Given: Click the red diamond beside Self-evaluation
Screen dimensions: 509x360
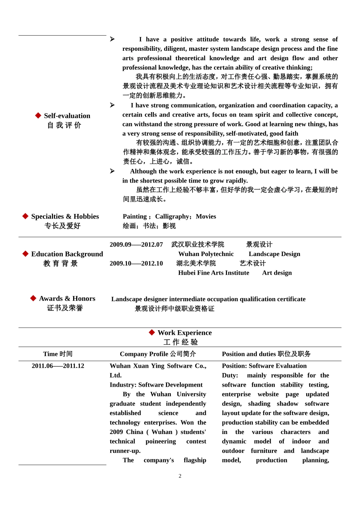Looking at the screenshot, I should (38, 116).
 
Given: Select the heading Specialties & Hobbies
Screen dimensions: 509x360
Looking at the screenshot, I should (65, 217).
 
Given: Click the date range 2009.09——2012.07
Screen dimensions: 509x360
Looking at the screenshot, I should (136, 245).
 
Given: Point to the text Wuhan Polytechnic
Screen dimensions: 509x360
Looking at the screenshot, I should (206, 254).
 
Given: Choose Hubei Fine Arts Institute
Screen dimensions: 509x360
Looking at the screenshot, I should (213, 273).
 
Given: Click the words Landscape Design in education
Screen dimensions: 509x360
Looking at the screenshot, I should (274, 254).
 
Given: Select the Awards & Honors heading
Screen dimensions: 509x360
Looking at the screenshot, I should (67, 299).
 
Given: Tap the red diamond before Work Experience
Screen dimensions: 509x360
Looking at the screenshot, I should (152, 333).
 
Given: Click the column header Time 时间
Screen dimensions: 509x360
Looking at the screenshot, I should (58, 354).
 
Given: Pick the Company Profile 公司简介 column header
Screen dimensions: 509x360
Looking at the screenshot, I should (158, 354).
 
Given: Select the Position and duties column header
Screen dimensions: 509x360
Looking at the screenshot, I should (266, 354).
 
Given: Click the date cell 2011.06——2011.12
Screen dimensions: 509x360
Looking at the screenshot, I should (58, 366).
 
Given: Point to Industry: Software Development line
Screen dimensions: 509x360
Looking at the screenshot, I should (156, 385).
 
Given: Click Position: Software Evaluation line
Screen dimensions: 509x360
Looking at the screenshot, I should (264, 366).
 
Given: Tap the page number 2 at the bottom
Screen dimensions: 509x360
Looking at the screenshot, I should (180, 476).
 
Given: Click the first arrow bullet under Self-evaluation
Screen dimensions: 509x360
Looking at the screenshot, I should (112, 39).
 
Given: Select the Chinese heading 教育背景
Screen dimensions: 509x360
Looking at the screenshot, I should (61, 264).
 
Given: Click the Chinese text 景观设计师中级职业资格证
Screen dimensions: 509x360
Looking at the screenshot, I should (174, 309).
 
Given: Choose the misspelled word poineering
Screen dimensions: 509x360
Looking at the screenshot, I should (161, 442).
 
